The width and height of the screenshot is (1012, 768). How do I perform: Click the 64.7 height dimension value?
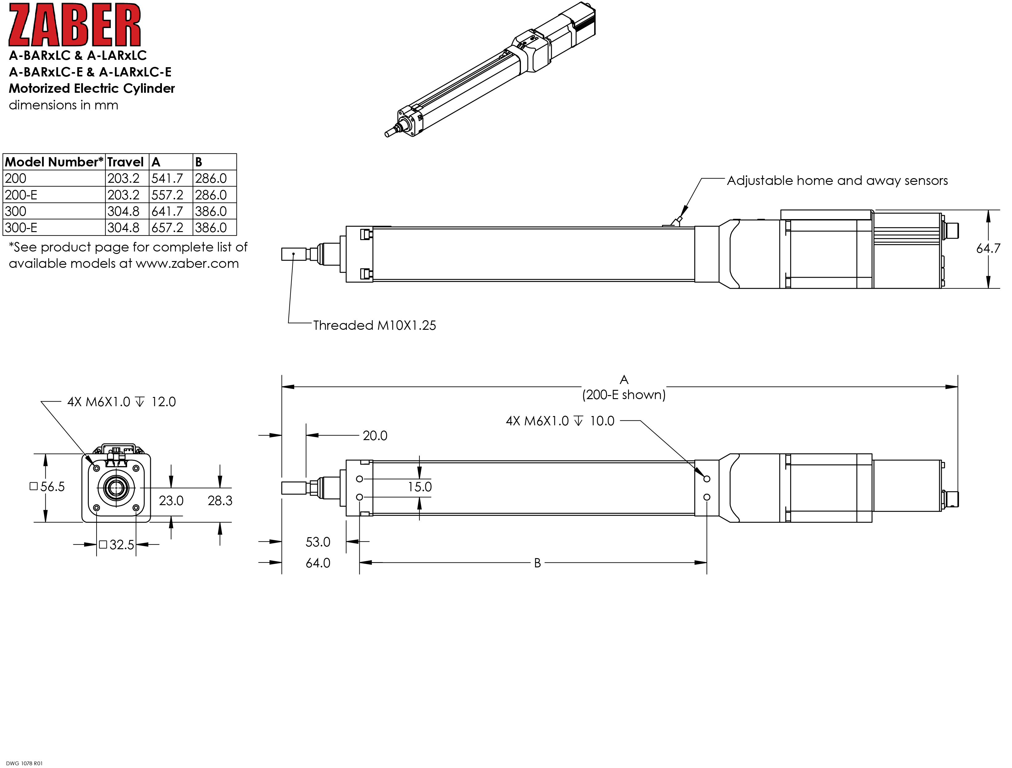(x=988, y=248)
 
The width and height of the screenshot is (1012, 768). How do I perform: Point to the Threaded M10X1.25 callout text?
(x=374, y=325)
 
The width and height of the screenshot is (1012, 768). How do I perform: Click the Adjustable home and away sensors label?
(x=837, y=181)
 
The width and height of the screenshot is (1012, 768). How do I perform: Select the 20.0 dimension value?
(x=375, y=436)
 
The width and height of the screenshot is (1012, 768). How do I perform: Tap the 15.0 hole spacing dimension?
(x=419, y=487)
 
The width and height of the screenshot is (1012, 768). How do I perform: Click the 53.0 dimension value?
(x=318, y=542)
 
